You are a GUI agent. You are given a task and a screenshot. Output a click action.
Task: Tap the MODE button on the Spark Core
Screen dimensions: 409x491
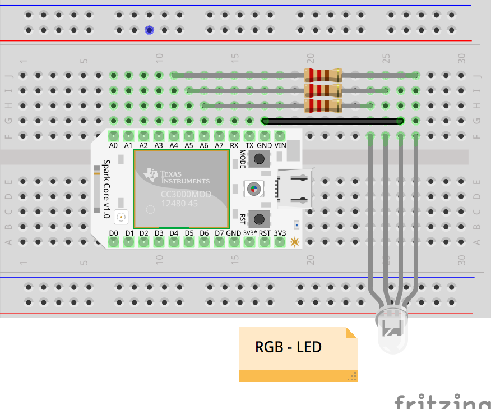point(259,159)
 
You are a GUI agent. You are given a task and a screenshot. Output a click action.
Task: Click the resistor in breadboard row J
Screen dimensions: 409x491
point(322,75)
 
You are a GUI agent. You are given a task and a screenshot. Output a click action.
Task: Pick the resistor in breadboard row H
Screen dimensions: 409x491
point(322,105)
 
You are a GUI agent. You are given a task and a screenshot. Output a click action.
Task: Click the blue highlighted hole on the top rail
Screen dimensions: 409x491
point(149,30)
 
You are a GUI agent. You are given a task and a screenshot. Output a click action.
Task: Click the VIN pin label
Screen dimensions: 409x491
point(280,145)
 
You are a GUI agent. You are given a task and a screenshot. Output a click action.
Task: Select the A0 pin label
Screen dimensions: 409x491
point(114,145)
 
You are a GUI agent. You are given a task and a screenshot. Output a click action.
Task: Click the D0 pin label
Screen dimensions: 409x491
point(114,233)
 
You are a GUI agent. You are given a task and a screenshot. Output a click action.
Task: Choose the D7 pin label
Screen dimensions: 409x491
point(219,233)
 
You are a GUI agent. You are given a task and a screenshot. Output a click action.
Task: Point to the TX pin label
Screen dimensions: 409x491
point(249,145)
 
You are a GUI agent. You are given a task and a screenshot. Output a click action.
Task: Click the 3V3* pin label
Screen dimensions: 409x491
point(250,233)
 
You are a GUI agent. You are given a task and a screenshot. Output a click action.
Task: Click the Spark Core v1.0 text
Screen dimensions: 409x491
point(106,189)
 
